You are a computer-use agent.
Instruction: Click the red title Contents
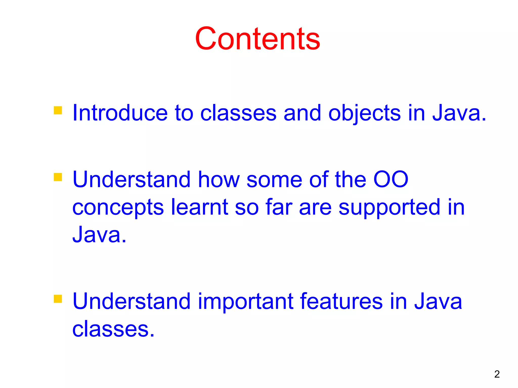coord(257,39)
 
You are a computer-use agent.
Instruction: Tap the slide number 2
coord(497,374)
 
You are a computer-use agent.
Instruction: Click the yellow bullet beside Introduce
coord(58,110)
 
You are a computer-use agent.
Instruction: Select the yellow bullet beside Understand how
coord(58,177)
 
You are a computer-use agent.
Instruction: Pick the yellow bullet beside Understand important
coord(58,299)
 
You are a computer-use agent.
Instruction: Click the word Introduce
coord(120,113)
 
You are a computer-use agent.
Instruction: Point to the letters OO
coord(391,179)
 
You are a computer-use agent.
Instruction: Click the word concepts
coord(118,208)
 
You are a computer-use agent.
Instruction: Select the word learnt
coord(200,207)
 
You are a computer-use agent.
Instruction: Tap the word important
coord(245,302)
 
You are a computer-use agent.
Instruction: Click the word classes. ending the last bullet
coord(113,329)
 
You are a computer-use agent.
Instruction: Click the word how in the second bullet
coord(219,179)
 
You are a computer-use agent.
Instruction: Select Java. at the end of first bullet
coord(459,113)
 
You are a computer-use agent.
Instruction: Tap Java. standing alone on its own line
coord(99,234)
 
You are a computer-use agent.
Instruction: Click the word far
coord(279,207)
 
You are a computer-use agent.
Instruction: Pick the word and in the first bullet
coord(302,113)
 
